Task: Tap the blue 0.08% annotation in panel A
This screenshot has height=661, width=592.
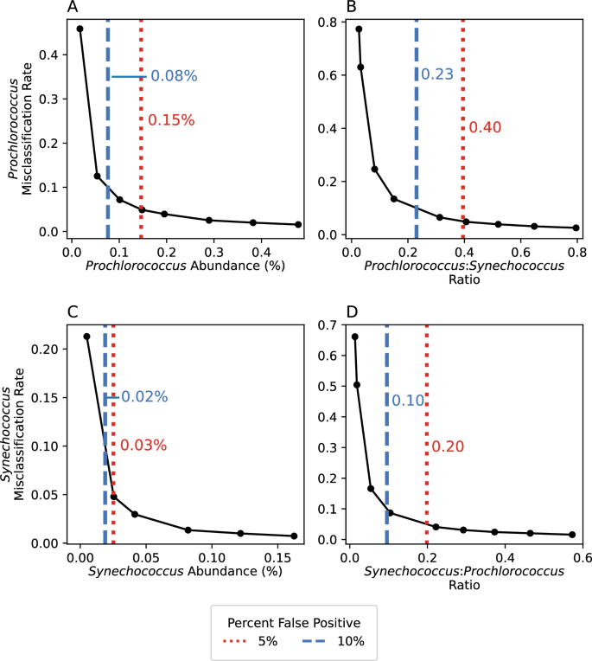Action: coord(174,76)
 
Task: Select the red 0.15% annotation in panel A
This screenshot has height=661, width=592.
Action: coord(171,120)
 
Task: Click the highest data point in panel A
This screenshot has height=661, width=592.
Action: coord(80,29)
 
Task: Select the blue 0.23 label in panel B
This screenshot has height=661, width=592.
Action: coord(436,75)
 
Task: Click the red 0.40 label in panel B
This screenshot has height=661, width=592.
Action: coord(485,128)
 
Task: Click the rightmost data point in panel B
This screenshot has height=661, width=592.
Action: coord(576,228)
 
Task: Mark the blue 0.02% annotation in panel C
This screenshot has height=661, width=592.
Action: coord(143,397)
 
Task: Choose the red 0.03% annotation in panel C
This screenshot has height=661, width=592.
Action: coord(143,446)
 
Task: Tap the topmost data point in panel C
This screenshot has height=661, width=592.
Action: coord(86,337)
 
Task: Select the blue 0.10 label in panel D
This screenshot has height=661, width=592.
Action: coord(407,401)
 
